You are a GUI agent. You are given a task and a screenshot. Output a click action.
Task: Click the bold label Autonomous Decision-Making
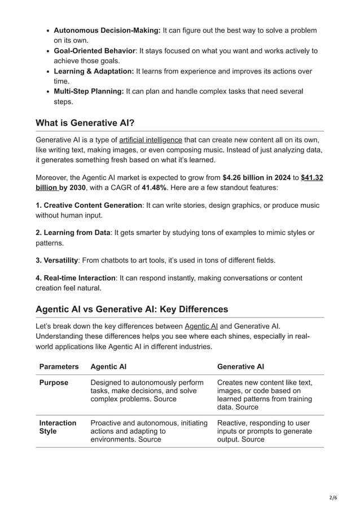pyautogui.click(x=107, y=30)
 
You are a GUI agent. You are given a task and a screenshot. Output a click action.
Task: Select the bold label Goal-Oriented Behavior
pyautogui.click(x=94, y=51)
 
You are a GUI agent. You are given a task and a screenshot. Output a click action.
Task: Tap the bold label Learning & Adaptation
pyautogui.click(x=94, y=71)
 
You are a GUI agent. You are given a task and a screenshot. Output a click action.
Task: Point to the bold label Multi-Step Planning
pyautogui.click(x=89, y=91)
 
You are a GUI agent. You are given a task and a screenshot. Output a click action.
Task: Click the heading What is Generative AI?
pyautogui.click(x=85, y=123)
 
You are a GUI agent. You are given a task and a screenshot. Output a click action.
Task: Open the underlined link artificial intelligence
pyautogui.click(x=151, y=140)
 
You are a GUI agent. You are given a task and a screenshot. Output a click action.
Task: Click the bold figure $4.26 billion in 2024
pyautogui.click(x=257, y=177)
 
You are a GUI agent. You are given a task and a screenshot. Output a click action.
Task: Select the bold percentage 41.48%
pyautogui.click(x=157, y=188)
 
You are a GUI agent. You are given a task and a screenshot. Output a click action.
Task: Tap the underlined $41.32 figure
pyautogui.click(x=312, y=177)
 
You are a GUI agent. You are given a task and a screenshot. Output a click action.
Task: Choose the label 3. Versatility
pyautogui.click(x=56, y=260)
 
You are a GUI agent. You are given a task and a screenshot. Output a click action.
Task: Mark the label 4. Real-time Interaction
pyautogui.click(x=75, y=278)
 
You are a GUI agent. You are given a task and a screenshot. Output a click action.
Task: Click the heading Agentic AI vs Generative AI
pyautogui.click(x=131, y=309)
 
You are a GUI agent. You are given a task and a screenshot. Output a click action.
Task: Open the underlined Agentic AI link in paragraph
pyautogui.click(x=201, y=326)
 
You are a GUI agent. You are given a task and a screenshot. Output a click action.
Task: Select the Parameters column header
pyautogui.click(x=59, y=367)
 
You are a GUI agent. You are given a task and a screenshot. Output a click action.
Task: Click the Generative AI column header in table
pyautogui.click(x=240, y=367)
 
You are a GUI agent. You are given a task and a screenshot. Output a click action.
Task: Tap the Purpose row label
pyautogui.click(x=54, y=382)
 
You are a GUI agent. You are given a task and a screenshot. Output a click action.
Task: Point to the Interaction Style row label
pyautogui.click(x=57, y=427)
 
